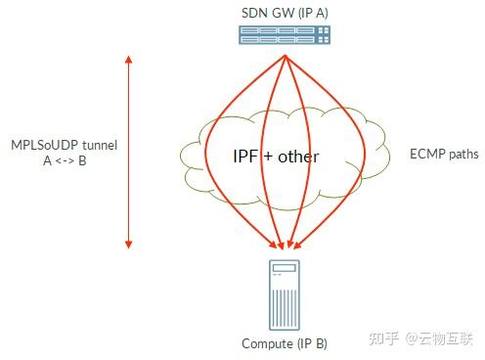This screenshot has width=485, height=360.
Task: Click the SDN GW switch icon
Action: click(285, 36)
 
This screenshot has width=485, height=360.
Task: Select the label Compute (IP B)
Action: click(285, 343)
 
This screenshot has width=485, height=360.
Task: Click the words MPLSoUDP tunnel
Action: click(63, 145)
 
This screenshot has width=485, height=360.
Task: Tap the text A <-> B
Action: click(63, 160)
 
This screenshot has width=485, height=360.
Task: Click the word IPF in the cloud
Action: click(245, 157)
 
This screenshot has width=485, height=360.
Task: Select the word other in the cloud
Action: click(297, 157)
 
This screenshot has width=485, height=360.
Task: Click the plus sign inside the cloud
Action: click(268, 157)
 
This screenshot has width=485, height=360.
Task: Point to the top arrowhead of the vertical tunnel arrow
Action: click(128, 59)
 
